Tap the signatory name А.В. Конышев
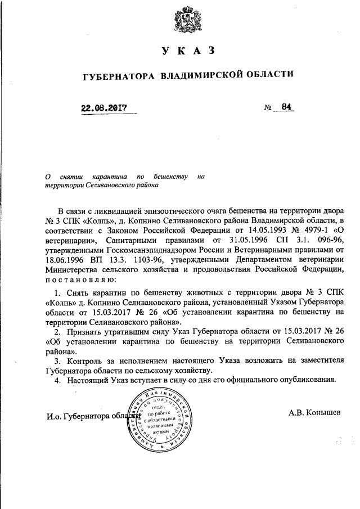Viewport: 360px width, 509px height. tap(314, 412)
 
